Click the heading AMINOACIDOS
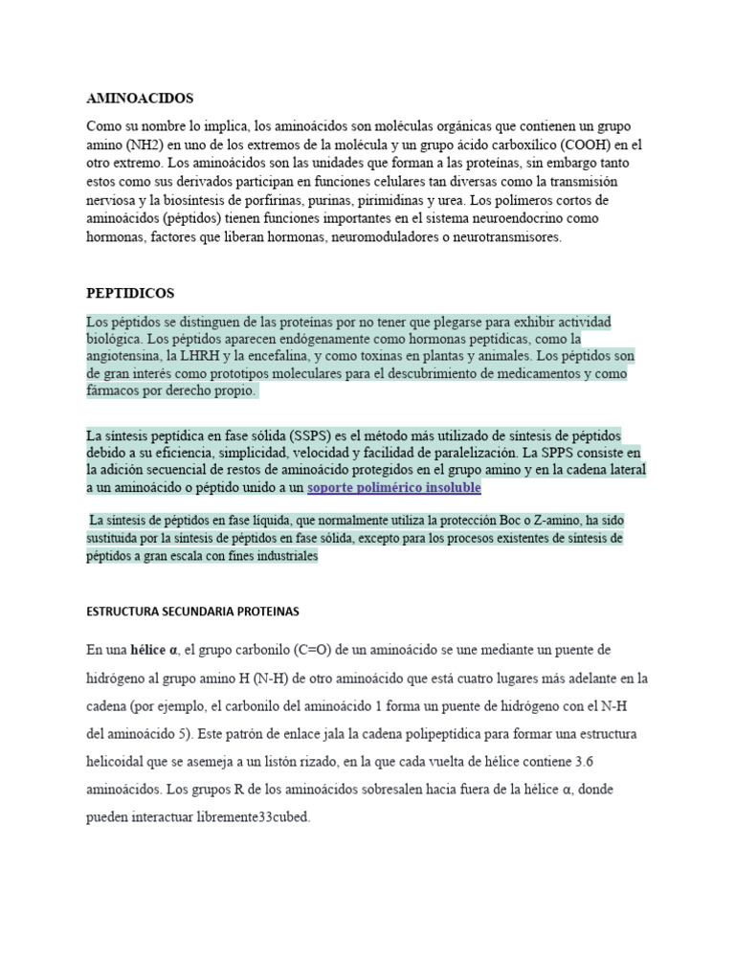point(140,99)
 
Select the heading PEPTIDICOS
point(130,293)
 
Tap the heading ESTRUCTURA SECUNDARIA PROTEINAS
point(193,612)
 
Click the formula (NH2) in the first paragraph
point(143,145)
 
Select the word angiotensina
point(124,356)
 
